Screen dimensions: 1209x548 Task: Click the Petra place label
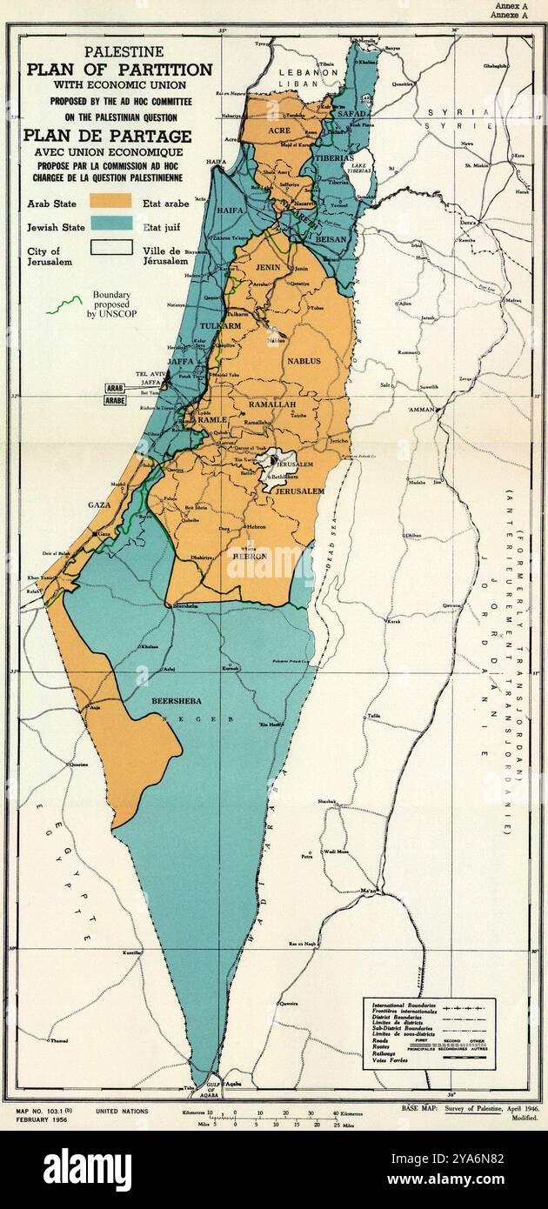(x=306, y=857)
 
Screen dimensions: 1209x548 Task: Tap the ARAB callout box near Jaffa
(x=115, y=390)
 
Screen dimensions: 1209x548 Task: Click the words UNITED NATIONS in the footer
(x=122, y=1112)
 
